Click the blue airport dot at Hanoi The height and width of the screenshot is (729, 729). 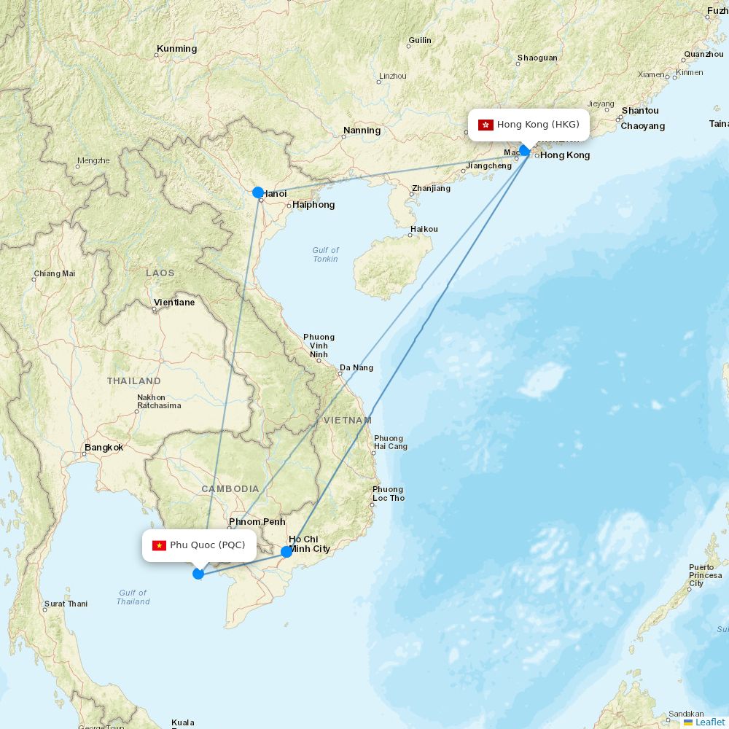258,192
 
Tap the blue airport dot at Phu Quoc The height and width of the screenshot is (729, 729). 198,574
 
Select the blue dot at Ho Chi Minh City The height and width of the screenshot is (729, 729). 286,552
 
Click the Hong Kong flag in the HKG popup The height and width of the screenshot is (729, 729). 486,125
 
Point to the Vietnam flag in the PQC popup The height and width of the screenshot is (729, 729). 159,545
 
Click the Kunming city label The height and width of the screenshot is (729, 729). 176,49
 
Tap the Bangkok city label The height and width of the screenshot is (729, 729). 104,448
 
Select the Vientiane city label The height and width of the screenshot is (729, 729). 174,302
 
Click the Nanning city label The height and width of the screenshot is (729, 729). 362,130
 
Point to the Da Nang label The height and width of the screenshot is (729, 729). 356,367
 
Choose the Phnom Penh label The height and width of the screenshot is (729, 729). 257,522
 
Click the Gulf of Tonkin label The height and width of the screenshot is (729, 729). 326,254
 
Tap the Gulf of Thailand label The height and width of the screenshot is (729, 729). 133,597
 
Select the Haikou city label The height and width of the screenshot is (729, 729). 424,229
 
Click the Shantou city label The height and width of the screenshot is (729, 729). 640,111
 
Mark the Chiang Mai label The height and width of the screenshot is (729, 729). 55,274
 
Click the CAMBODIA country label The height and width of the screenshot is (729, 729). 230,488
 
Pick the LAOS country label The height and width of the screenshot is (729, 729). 160,273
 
